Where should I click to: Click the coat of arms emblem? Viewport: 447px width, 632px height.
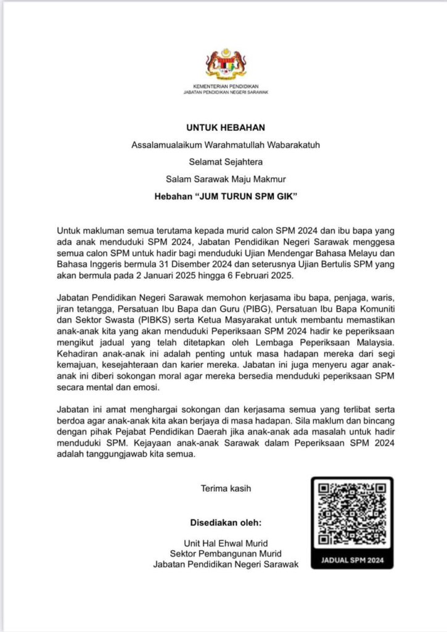coord(226,63)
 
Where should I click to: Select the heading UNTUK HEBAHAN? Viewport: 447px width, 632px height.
coord(226,128)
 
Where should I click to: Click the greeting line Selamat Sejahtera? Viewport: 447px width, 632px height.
coord(226,163)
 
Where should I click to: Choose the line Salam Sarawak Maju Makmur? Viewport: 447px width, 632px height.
coord(226,180)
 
